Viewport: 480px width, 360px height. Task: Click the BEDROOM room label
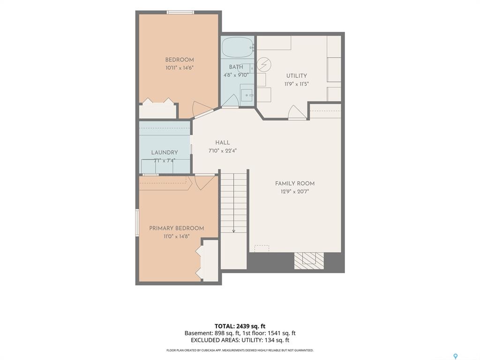[180, 60]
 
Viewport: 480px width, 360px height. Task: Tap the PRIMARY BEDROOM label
[177, 228]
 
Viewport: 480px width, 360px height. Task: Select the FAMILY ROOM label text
[295, 184]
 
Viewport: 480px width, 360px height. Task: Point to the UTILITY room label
[297, 76]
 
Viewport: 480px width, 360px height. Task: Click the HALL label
[223, 142]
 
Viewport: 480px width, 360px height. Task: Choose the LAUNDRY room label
[165, 152]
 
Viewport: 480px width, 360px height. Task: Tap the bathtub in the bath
[238, 47]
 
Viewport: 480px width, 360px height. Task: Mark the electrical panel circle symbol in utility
[264, 64]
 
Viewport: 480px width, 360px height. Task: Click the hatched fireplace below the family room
[309, 261]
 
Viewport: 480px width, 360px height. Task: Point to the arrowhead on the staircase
[233, 231]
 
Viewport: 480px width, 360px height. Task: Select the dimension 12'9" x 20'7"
[295, 192]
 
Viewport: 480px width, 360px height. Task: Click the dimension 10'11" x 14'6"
[180, 68]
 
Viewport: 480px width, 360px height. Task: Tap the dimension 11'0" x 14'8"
[177, 236]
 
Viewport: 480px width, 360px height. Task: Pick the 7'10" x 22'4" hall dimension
[223, 150]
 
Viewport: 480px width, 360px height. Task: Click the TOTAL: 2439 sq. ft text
[238, 326]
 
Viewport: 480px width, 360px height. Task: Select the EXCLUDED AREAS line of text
[240, 340]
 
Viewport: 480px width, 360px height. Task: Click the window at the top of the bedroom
[180, 12]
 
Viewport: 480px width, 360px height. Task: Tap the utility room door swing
[297, 112]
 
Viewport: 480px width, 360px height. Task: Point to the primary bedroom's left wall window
[137, 223]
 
